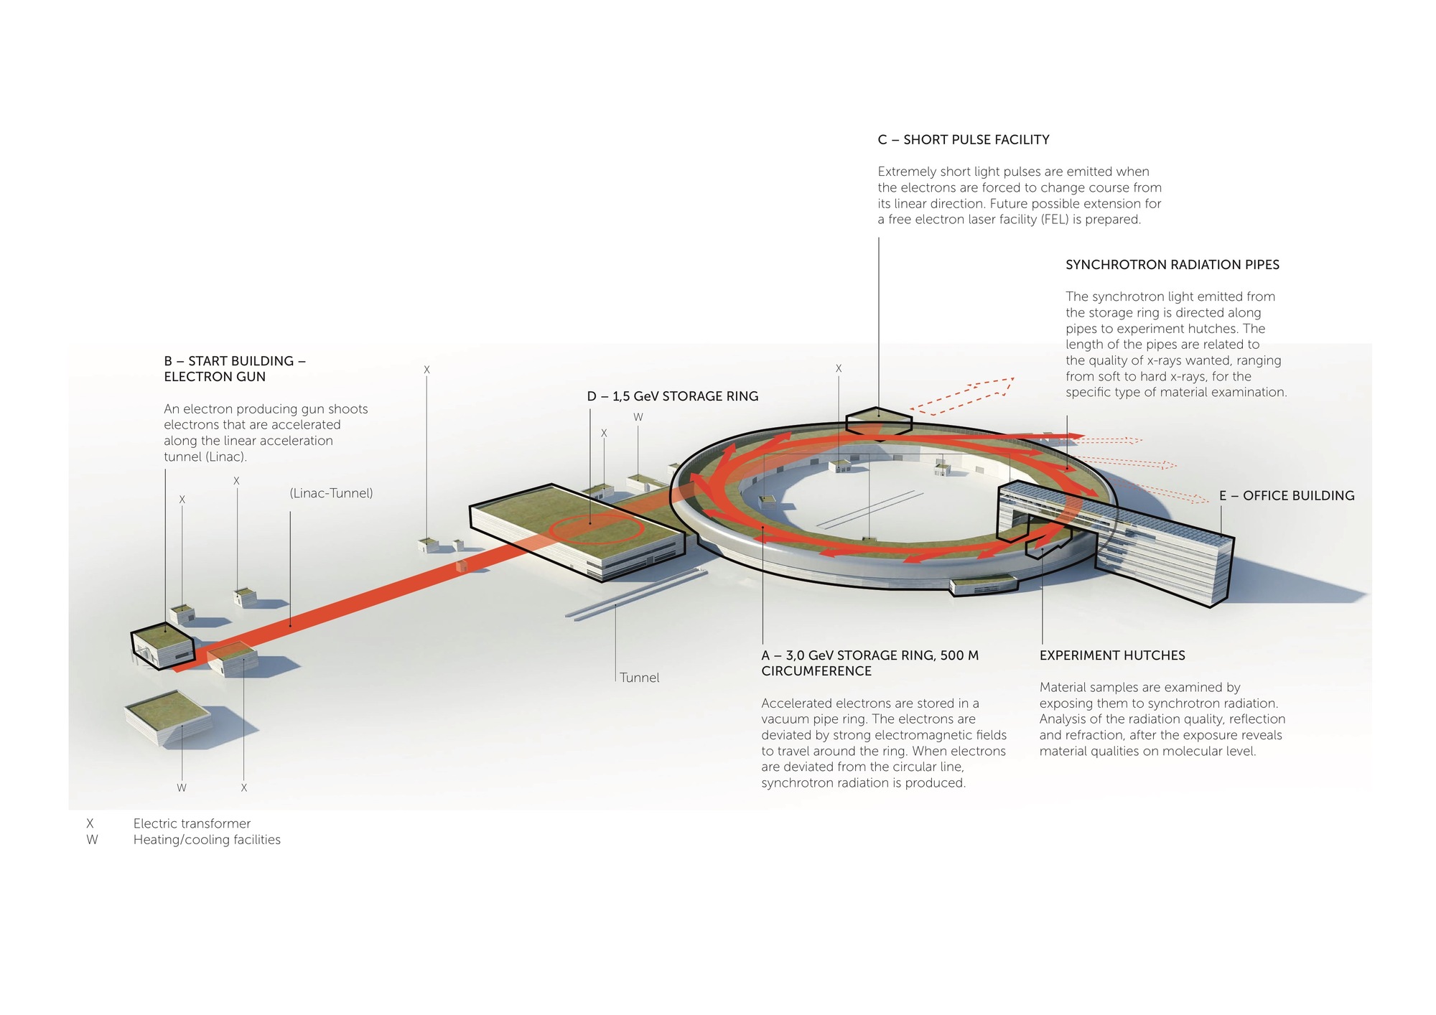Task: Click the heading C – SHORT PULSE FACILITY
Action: (963, 140)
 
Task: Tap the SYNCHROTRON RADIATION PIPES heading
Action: (1172, 265)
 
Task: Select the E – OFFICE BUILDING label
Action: (1286, 496)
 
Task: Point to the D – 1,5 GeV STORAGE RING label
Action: (672, 396)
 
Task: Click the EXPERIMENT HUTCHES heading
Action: (1111, 655)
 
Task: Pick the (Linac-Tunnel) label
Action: (331, 493)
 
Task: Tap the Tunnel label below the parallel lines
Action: (639, 678)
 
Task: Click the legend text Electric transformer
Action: (192, 823)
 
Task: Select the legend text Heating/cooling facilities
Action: (207, 840)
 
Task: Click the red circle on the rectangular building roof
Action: (596, 530)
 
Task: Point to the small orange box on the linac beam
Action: (461, 566)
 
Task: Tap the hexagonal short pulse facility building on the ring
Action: (879, 421)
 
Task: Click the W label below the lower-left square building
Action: (182, 788)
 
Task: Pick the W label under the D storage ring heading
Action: (638, 417)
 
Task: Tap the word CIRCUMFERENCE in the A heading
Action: (816, 671)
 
